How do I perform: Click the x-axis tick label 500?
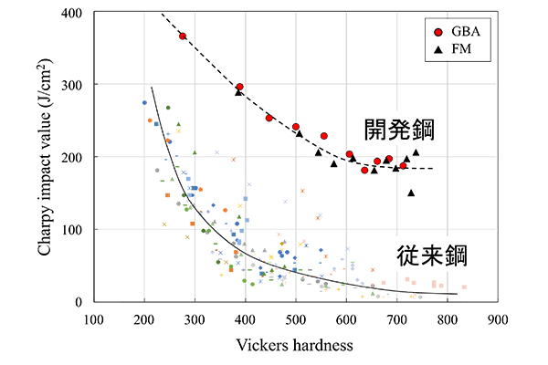pos(295,320)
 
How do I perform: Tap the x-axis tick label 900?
pos(497,320)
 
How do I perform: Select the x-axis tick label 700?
pos(396,320)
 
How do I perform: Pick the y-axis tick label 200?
pos(70,157)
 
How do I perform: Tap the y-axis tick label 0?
pos(79,302)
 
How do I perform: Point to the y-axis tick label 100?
pos(70,230)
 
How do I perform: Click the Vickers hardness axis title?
pos(294,346)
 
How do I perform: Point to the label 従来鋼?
pos(433,255)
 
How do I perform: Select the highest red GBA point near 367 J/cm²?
pos(184,36)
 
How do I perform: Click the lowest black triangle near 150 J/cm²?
pos(411,193)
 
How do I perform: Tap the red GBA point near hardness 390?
pos(239,87)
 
